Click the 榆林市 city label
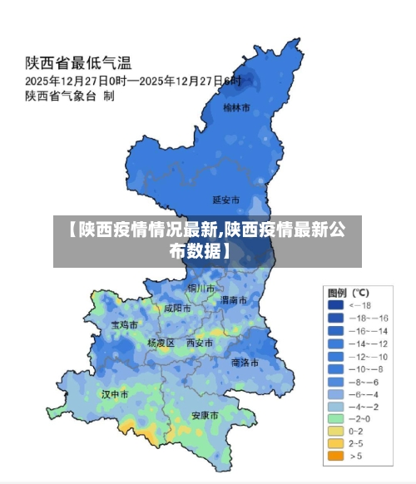click(x=236, y=107)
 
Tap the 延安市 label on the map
click(x=225, y=200)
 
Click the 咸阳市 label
click(x=177, y=308)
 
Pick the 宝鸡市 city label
click(x=125, y=325)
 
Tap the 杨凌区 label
click(x=161, y=343)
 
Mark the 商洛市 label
click(x=245, y=363)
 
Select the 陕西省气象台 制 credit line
click(x=70, y=96)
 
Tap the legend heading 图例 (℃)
click(x=349, y=293)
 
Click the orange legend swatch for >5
click(x=335, y=456)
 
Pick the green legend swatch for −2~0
click(x=335, y=418)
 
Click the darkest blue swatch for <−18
click(x=335, y=305)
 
